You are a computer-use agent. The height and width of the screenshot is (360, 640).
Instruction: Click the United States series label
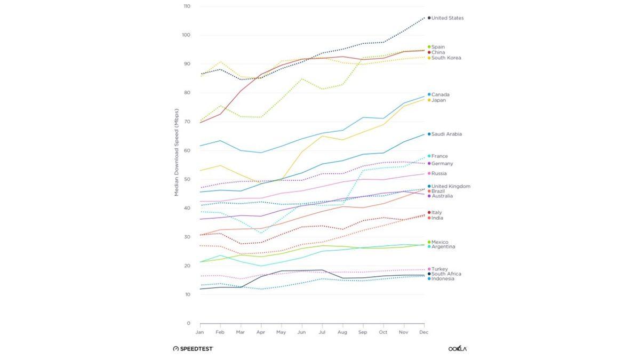pos(447,18)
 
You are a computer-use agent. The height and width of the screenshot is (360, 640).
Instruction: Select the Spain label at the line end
pos(438,47)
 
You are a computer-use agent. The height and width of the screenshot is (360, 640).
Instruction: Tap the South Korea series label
pos(446,58)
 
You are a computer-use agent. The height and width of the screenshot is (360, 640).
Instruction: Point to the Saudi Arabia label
pos(446,134)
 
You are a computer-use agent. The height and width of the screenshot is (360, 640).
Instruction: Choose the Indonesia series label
pos(443,278)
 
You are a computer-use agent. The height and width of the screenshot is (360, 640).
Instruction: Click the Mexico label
pos(439,242)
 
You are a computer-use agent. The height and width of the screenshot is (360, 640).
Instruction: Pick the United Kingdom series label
pos(451,186)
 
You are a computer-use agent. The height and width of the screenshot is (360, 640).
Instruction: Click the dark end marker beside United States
pos(429,18)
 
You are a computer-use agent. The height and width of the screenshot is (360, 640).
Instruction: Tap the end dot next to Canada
pos(429,94)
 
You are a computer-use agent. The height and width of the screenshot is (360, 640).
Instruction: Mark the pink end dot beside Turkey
pos(429,269)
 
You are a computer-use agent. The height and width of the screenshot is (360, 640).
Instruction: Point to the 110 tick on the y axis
pos(187,6)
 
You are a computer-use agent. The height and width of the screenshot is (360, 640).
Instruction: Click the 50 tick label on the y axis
pos(187,179)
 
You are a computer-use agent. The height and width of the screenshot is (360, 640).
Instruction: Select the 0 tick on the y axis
pos(188,323)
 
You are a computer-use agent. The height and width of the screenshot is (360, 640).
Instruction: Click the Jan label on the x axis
pos(200,332)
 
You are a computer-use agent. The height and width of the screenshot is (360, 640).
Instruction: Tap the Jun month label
pos(302,332)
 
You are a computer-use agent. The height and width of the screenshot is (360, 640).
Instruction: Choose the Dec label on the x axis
pos(424,332)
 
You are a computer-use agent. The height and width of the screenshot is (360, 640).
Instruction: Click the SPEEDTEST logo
pos(193,349)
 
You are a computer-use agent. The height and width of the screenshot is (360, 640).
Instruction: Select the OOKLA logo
pos(458,349)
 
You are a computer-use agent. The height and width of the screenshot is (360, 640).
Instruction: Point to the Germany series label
pos(442,164)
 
